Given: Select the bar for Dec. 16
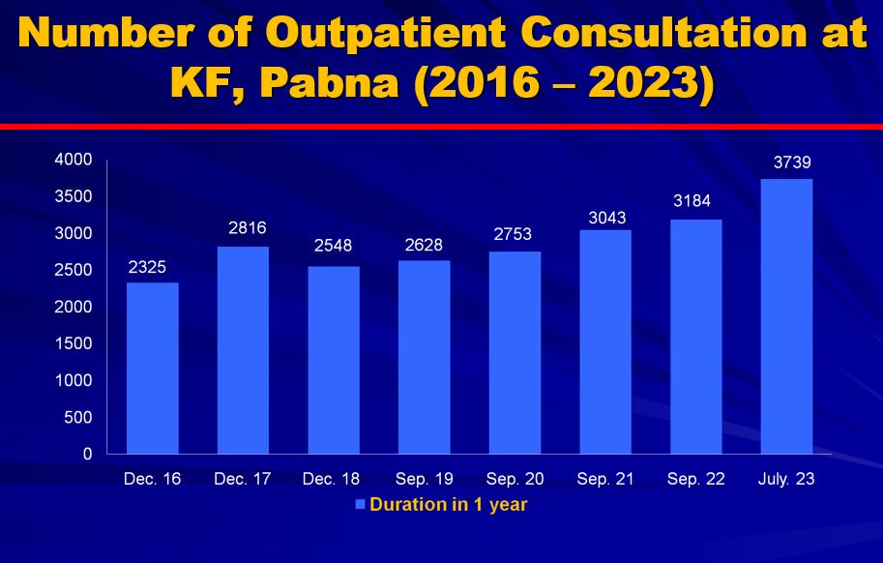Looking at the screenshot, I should pyautogui.click(x=153, y=368).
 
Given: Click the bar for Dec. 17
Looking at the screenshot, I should pyautogui.click(x=244, y=350).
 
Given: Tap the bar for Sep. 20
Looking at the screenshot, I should pyautogui.click(x=515, y=352).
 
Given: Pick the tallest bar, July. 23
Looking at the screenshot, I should pyautogui.click(x=787, y=316).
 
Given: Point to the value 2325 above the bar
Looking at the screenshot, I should pyautogui.click(x=150, y=266).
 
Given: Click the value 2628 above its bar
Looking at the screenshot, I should pyautogui.click(x=424, y=245).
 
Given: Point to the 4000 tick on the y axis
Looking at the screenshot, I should pyautogui.click(x=74, y=160).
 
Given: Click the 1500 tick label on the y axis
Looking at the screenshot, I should pyautogui.click(x=74, y=343).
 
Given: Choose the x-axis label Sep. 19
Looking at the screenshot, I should pyautogui.click(x=424, y=479).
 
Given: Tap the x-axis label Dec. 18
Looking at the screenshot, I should pyautogui.click(x=334, y=479).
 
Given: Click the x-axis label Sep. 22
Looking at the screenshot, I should pyautogui.click(x=694, y=479).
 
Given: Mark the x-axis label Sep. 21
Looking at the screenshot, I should pyautogui.click(x=604, y=479).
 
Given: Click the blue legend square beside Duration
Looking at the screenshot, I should pyautogui.click(x=360, y=505).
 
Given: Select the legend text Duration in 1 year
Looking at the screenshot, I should pyautogui.click(x=448, y=505).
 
